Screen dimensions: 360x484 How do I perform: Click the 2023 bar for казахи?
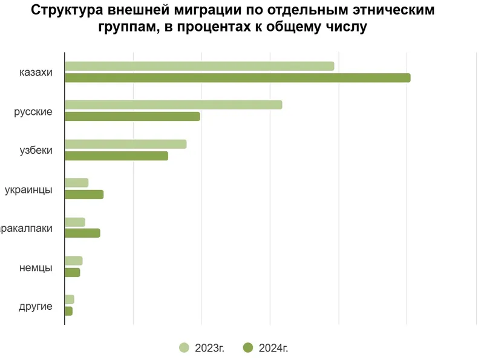[x=199, y=66]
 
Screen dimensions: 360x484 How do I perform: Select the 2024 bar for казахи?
[x=237, y=77]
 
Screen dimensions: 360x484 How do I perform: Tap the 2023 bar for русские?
[x=173, y=105]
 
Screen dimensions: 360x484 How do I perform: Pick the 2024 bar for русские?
[x=132, y=116]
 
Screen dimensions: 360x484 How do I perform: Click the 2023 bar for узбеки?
[x=125, y=144]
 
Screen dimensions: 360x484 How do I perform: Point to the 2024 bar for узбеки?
[x=116, y=155]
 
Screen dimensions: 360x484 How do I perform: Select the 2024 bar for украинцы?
[x=84, y=194]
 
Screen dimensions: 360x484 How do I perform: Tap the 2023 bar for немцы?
[x=73, y=261]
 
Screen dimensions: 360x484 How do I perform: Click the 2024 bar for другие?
[x=68, y=311]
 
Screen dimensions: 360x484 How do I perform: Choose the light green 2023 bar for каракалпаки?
[x=75, y=221]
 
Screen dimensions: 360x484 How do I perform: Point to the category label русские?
[x=33, y=111]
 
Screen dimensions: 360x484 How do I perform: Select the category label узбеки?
[x=36, y=150]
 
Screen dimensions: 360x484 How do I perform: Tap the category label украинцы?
[x=28, y=189]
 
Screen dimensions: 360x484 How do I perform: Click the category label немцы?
[x=36, y=267]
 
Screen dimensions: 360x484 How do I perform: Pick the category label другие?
[x=35, y=306]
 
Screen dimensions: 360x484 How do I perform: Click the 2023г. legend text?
[x=209, y=348]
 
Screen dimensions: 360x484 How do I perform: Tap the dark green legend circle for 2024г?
[x=247, y=347]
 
